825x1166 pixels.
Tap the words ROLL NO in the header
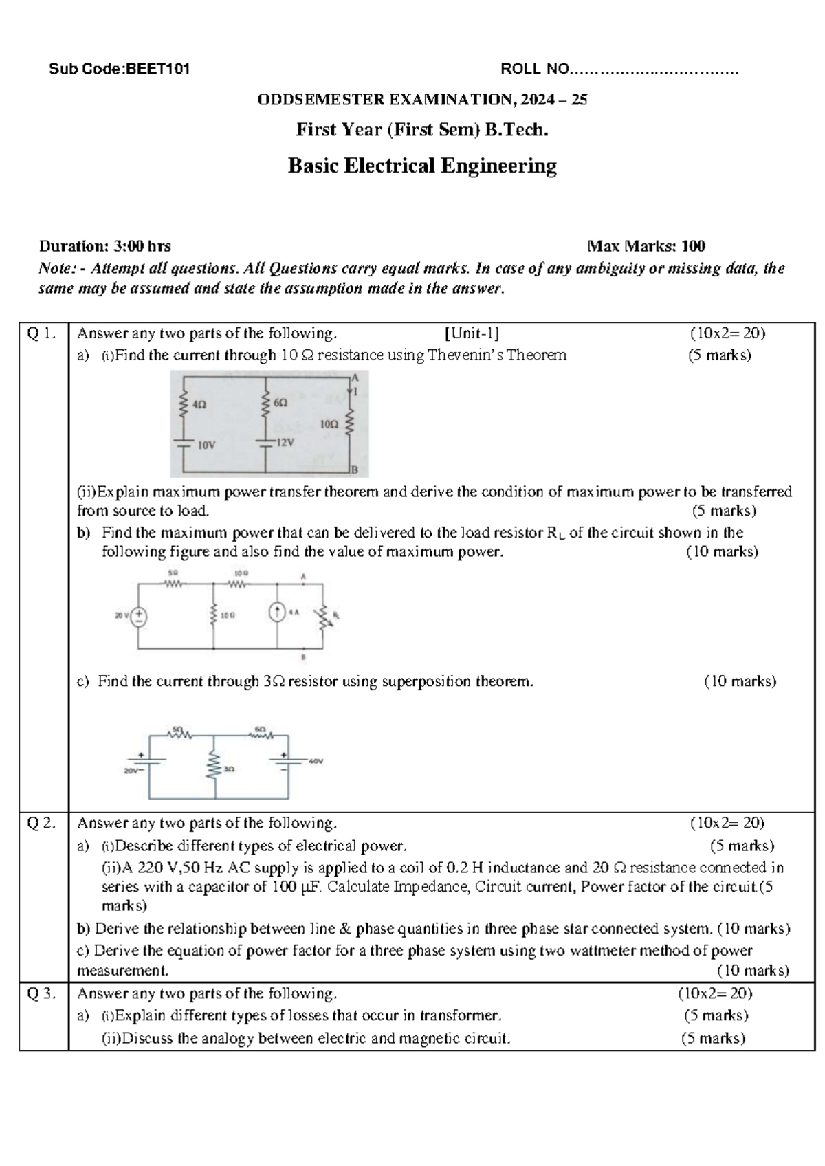coord(535,69)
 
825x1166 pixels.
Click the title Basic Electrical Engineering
coord(421,166)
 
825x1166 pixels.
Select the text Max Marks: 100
coord(646,246)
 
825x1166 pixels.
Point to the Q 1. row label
coord(40,333)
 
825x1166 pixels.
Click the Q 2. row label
coord(40,823)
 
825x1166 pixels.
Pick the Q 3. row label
coord(40,993)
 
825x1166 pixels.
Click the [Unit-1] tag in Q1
coord(472,333)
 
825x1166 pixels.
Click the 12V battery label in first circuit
coord(285,443)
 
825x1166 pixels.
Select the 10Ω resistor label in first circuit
coord(329,425)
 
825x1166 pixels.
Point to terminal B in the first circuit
coord(355,470)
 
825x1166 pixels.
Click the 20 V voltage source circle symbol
coord(139,616)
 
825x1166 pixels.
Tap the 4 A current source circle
coord(277,613)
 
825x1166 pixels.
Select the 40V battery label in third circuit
coord(316,762)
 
